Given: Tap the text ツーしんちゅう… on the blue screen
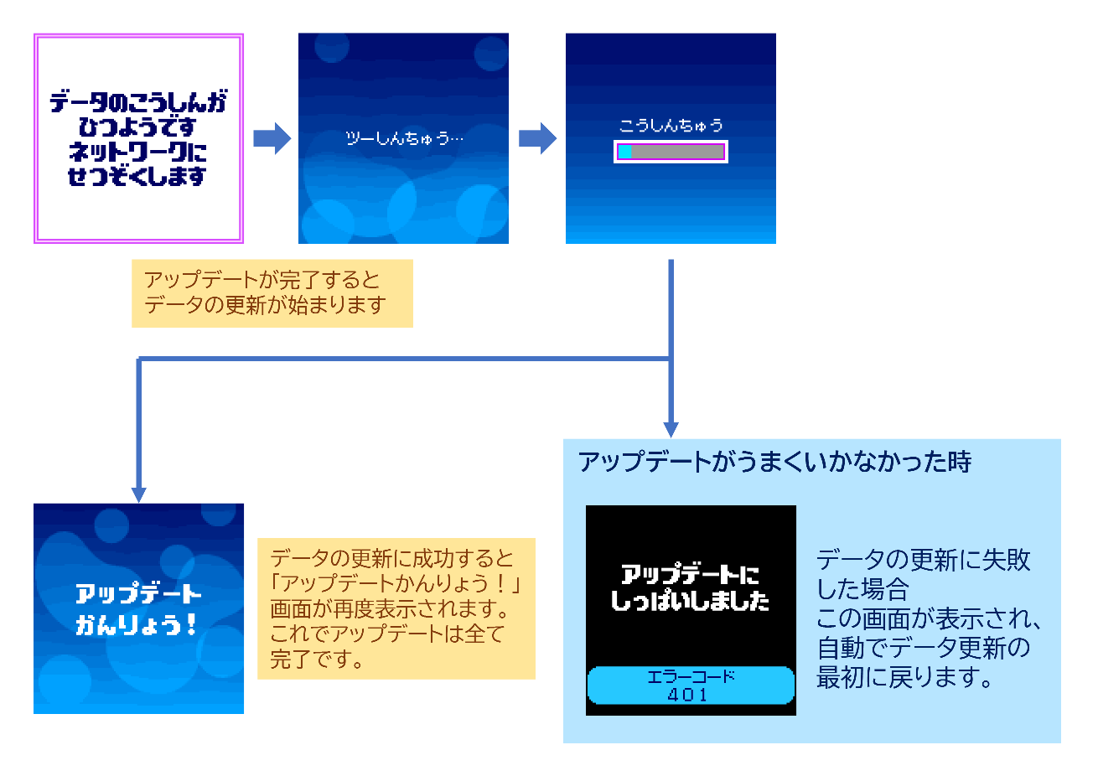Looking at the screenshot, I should pos(404,138).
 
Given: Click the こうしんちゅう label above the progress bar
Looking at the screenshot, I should pos(671,126).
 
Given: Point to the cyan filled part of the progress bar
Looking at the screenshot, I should pos(624,152).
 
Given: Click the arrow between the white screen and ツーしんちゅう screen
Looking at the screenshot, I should pos(272,138).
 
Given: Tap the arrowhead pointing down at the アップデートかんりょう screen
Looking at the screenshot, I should pos(139,494).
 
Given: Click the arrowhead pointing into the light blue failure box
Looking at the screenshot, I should pos(671,428).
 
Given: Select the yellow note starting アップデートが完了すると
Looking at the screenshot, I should pos(272,292).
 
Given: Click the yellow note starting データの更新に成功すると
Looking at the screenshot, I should pos(396,608).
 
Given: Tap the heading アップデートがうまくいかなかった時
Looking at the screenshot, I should pos(774,462).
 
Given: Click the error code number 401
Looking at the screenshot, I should pos(688,695).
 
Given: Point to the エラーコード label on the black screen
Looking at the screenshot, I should pos(691,677).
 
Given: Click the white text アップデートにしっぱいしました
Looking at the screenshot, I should pos(690,587).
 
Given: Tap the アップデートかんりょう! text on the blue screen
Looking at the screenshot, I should pos(138,609).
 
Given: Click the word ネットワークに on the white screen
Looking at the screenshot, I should pos(137,152).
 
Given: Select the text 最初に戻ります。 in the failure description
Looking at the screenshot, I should pos(905,677).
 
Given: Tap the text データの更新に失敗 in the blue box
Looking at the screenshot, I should pos(923,560).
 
